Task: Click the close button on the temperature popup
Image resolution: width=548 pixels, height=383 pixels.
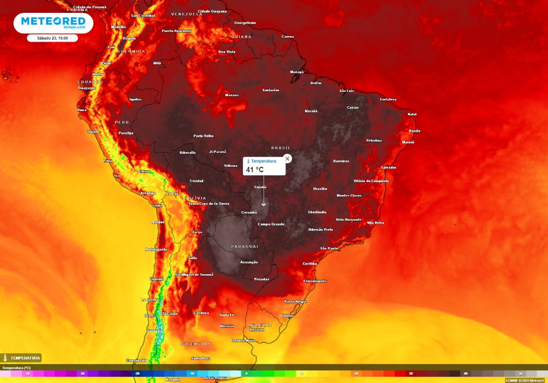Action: (287, 159)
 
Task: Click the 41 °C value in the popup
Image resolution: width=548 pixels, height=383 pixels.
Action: (255, 170)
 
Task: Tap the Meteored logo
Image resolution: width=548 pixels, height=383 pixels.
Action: (54, 22)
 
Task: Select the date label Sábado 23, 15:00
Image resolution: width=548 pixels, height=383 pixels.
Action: (52, 38)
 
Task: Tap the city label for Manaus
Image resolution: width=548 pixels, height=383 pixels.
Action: (232, 95)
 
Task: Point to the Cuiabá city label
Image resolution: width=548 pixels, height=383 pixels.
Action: (260, 187)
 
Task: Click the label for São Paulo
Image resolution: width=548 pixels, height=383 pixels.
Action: (329, 248)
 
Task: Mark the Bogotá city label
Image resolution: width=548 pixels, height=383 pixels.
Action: (129, 38)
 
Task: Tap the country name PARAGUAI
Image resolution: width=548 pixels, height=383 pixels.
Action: (245, 246)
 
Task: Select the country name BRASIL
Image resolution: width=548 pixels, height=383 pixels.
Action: (280, 147)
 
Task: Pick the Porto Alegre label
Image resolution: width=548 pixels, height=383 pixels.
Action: (295, 301)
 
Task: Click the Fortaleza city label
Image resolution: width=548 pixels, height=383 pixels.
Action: (388, 99)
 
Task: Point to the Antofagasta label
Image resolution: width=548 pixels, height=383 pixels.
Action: (156, 249)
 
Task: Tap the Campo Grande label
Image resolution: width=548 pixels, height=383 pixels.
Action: (271, 224)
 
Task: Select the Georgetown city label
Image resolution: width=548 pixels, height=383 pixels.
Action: (245, 23)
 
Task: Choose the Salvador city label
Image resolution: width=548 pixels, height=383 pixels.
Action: (389, 167)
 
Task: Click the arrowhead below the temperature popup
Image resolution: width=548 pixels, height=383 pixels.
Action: (264, 204)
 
